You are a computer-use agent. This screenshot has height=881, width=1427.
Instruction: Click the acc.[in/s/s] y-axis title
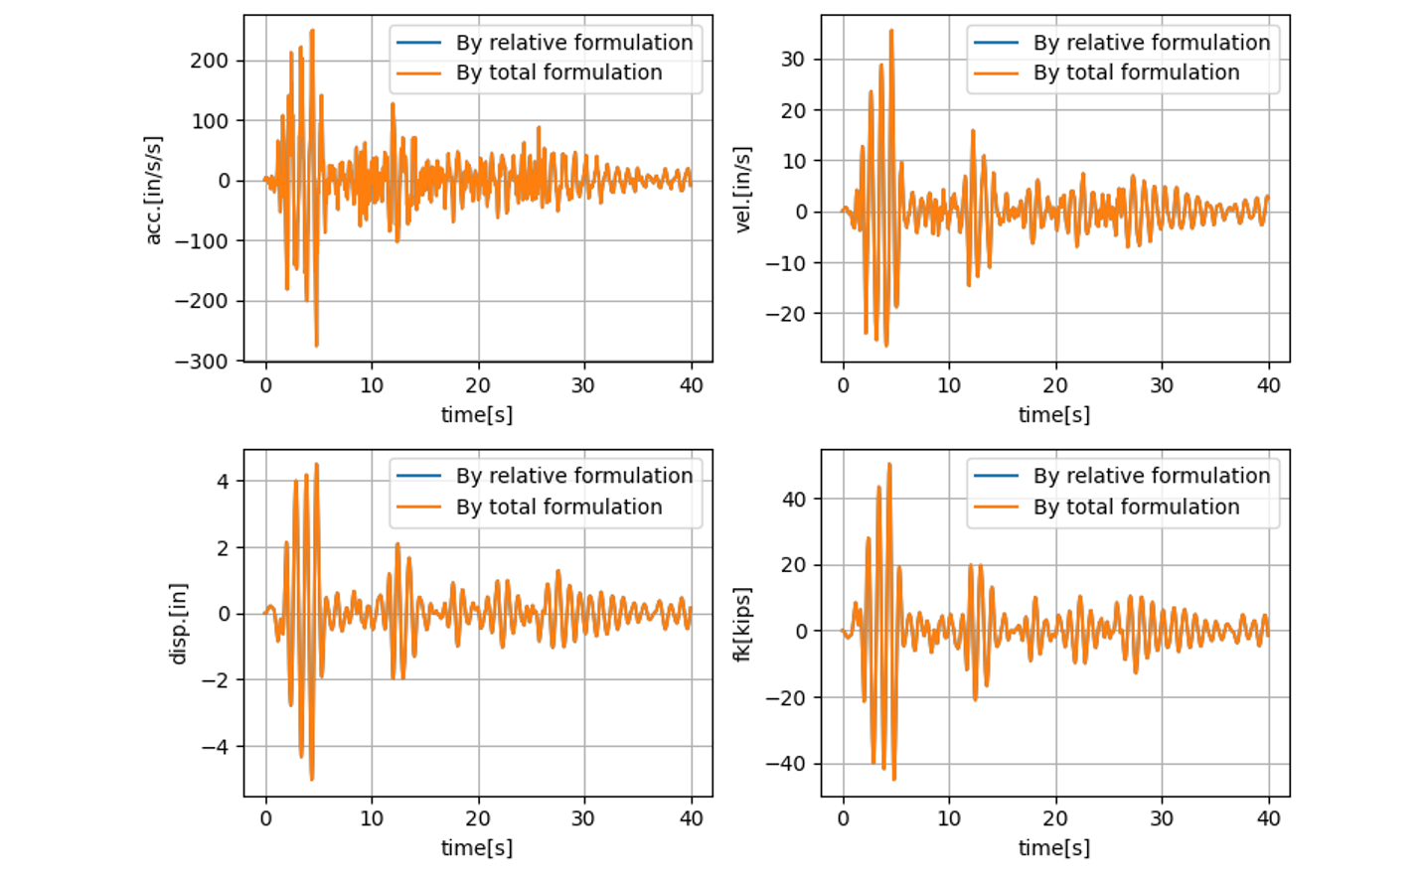pos(154,190)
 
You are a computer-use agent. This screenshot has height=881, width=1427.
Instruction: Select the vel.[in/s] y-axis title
pos(742,190)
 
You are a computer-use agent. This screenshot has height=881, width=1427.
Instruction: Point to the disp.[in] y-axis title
pos(179,624)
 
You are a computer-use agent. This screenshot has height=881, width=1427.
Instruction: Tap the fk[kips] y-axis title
pos(742,624)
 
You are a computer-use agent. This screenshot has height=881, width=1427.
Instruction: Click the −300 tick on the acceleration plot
pos(201,362)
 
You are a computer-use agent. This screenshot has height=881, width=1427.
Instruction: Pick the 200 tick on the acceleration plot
pos(210,61)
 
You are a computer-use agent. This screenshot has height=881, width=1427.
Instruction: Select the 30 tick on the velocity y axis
pos(792,59)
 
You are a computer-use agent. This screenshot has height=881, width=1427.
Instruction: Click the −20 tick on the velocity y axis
pos(785,314)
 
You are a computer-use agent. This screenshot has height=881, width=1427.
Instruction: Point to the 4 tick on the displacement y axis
pos(223,482)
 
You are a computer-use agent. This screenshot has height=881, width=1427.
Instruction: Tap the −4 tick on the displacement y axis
pos(216,747)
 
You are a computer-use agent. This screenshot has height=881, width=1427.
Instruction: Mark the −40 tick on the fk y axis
pos(785,764)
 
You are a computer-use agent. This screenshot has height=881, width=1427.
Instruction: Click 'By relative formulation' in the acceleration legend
pos(574,43)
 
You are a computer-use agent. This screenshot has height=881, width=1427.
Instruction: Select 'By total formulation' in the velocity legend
pos(1136,73)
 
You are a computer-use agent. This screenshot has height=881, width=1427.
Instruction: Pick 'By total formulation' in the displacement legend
pos(558,507)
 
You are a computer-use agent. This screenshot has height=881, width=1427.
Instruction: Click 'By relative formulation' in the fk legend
pos(1152,476)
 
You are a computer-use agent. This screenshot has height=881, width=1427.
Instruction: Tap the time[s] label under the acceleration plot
pos(477,415)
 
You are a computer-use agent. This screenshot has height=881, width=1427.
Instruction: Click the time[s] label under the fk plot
pos(1054,848)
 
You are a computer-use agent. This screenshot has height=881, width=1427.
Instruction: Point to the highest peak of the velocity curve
pos(891,30)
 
